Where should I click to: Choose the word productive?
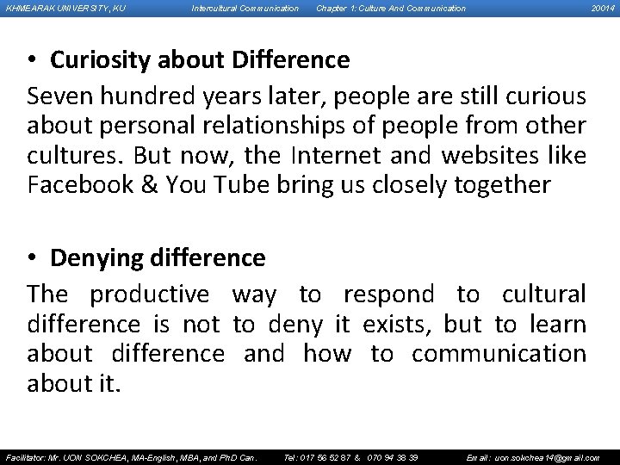(x=149, y=294)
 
